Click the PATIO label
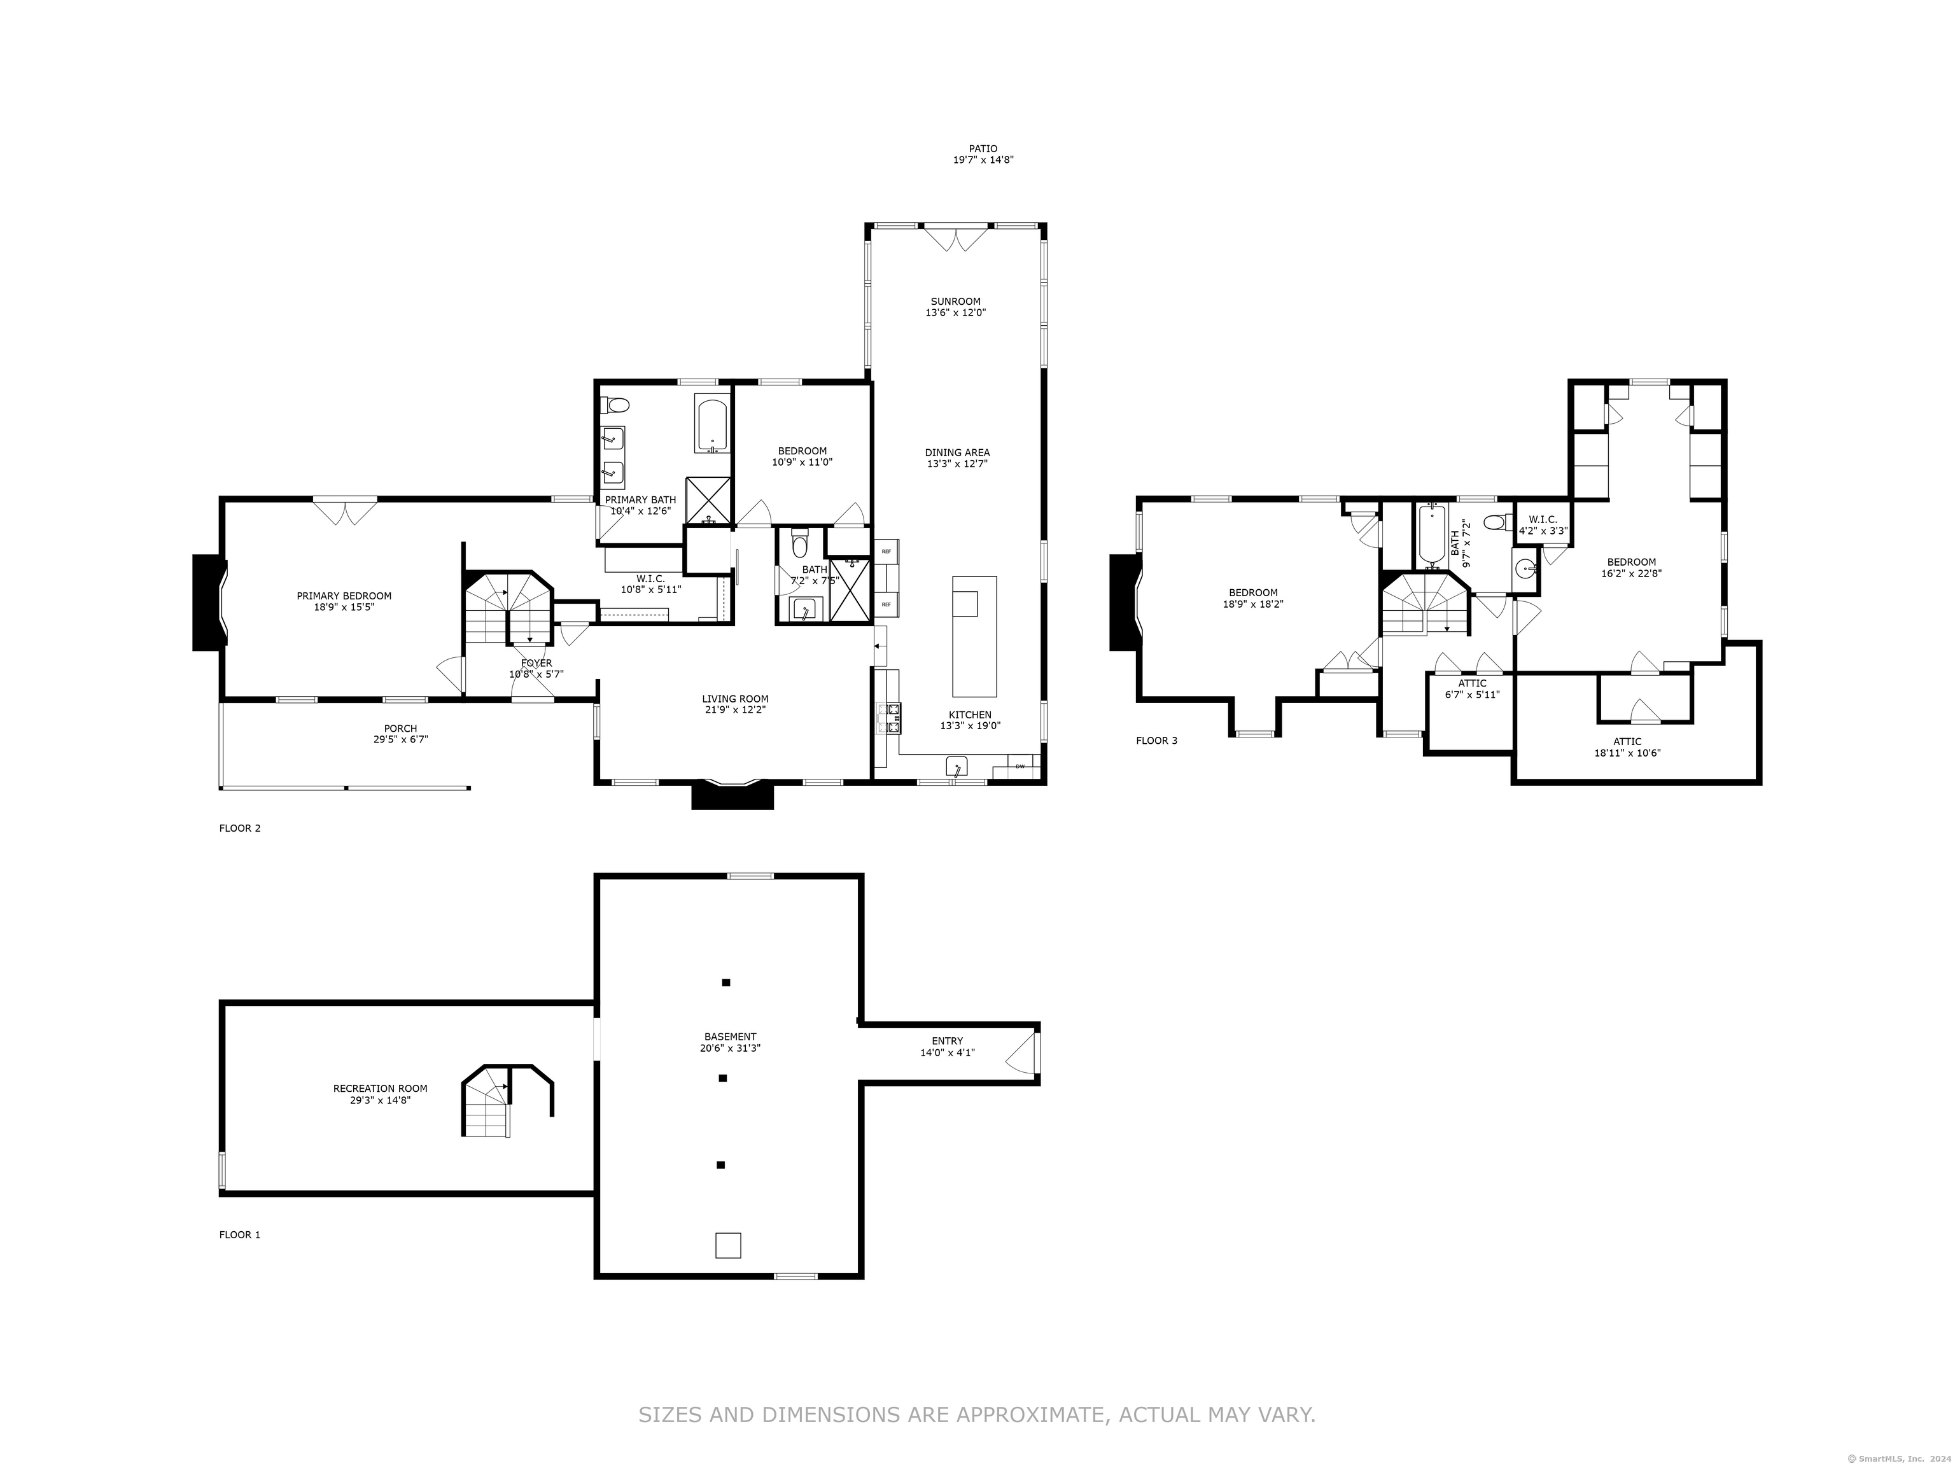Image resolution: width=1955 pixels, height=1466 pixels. (x=983, y=148)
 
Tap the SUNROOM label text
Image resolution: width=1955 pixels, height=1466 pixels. (x=955, y=302)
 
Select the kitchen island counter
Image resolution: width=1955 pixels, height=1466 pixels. (x=974, y=636)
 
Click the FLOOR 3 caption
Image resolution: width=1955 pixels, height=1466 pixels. (x=1156, y=741)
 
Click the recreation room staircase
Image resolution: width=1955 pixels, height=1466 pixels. (x=507, y=1101)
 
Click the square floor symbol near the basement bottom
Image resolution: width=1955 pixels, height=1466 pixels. (x=727, y=1245)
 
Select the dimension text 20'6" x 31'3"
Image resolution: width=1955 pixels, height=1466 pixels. (x=730, y=1048)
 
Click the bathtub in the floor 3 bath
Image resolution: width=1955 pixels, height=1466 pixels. (x=1432, y=534)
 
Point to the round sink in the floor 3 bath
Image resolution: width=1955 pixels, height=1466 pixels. (x=1525, y=568)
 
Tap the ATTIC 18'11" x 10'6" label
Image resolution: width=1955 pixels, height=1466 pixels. (x=1627, y=748)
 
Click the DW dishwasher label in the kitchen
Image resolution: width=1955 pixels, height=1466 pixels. (x=1021, y=766)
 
